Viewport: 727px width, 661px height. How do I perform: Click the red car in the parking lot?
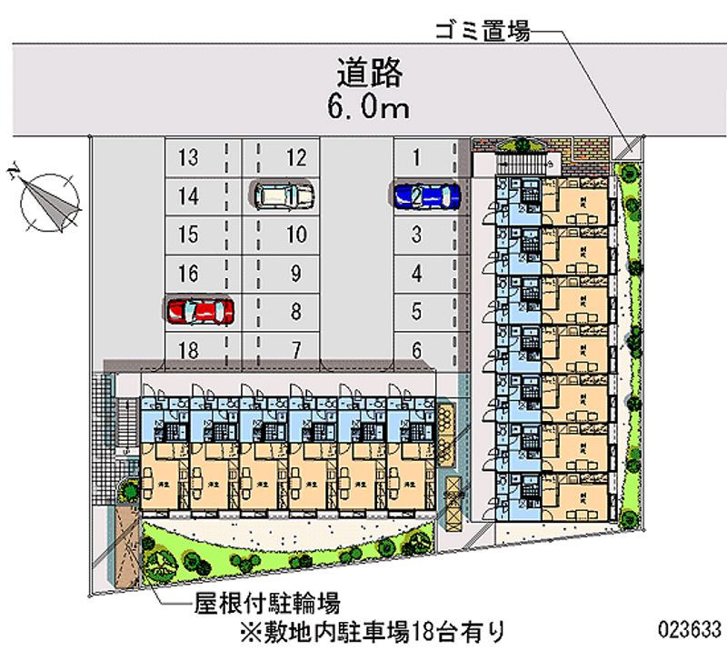(x=200, y=311)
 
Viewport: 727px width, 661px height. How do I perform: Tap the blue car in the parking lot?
(x=425, y=195)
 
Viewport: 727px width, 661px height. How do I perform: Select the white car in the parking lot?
(x=284, y=195)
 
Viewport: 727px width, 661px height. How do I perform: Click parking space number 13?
(x=188, y=158)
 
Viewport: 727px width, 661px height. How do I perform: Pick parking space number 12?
(x=295, y=158)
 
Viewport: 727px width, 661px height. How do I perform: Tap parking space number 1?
(x=416, y=158)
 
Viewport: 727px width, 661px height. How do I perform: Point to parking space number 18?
(x=188, y=349)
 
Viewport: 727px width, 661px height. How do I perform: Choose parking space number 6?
(x=416, y=349)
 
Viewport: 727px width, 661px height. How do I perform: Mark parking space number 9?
(x=295, y=273)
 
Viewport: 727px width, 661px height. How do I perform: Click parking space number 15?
(x=188, y=235)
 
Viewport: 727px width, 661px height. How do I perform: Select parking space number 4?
(x=416, y=273)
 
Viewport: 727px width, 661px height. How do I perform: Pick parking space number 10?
(x=295, y=235)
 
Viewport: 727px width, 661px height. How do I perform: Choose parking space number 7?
(x=295, y=349)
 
